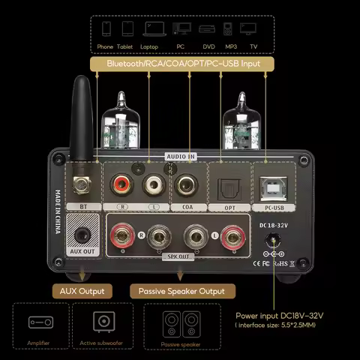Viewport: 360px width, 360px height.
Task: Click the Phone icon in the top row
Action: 105,31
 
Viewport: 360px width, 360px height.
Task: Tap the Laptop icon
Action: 149,31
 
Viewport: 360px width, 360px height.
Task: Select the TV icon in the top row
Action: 253,31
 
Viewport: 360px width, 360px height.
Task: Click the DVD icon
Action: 206,31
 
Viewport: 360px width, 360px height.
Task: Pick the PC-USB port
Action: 268,183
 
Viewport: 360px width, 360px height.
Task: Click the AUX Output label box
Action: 82,290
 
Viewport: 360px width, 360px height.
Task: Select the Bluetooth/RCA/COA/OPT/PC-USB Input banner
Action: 183,64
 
